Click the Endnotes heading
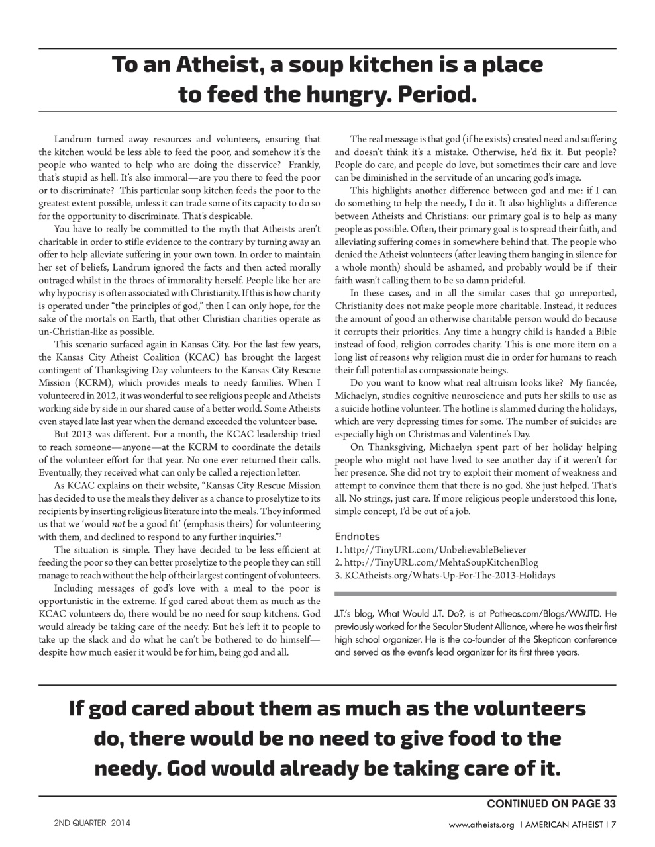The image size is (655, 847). (x=357, y=536)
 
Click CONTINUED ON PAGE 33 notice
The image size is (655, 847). (x=551, y=804)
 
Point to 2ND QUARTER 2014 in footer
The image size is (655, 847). (x=92, y=824)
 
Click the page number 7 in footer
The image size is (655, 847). (x=614, y=825)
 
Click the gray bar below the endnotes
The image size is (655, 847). (x=476, y=594)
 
